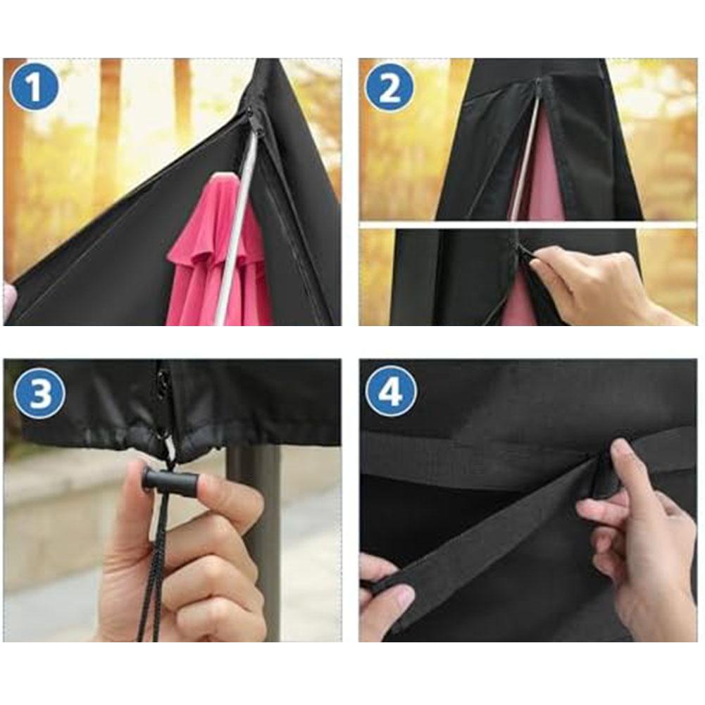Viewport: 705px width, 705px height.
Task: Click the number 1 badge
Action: pyautogui.click(x=34, y=87)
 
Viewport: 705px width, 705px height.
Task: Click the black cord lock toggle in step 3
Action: pyautogui.click(x=170, y=482)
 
